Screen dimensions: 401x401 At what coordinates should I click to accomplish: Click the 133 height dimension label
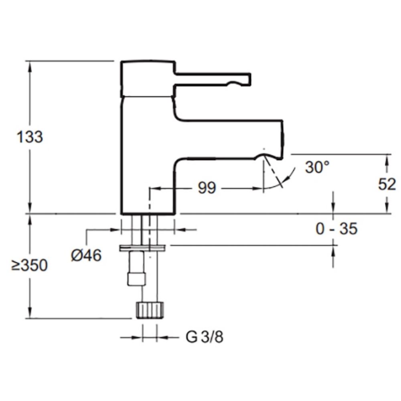tap(30, 137)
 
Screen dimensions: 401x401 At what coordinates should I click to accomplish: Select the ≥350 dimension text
tap(29, 265)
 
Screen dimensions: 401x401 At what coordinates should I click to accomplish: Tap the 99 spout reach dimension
tap(207, 188)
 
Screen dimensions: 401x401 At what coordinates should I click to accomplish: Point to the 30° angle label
tap(317, 167)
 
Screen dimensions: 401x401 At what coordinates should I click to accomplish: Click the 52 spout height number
tap(387, 184)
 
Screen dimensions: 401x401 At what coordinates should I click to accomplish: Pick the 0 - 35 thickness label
tap(336, 229)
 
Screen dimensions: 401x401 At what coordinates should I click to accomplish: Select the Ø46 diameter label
tap(86, 255)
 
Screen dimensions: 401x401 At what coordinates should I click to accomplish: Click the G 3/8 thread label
tap(205, 337)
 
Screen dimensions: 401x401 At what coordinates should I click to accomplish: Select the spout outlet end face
tap(282, 136)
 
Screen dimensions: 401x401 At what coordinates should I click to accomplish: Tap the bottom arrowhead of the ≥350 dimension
tap(30, 314)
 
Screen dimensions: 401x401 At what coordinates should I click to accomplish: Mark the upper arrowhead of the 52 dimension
tap(387, 158)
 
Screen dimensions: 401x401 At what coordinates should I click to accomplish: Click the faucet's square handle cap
tap(148, 79)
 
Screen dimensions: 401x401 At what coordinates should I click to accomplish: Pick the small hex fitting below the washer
tap(134, 279)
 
